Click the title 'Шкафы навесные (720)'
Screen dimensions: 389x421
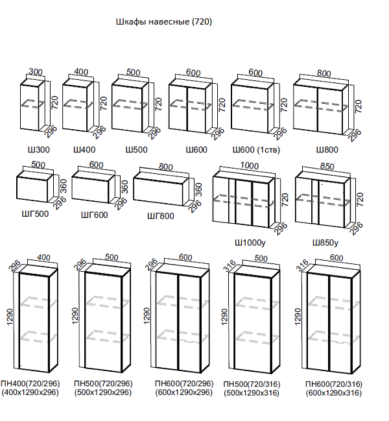(x=164, y=21)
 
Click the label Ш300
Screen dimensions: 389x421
(x=39, y=150)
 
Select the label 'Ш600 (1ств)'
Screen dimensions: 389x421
(x=256, y=150)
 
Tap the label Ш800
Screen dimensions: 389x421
(x=327, y=150)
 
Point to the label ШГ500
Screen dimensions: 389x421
(x=35, y=213)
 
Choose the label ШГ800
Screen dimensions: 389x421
(x=161, y=215)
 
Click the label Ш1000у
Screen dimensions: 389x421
(x=250, y=243)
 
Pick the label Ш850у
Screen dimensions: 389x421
(x=325, y=243)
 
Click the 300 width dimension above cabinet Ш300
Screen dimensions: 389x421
(x=36, y=72)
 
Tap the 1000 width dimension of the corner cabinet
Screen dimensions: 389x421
(x=249, y=165)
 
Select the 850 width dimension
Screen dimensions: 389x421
(x=327, y=167)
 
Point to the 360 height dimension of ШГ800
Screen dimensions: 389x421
(x=198, y=189)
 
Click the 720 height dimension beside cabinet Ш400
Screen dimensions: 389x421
(x=103, y=103)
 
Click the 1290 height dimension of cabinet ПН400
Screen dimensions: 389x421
(x=10, y=317)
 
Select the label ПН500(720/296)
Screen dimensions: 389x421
(x=103, y=383)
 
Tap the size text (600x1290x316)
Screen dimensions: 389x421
(x=334, y=393)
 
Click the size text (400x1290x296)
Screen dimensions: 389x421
(x=30, y=392)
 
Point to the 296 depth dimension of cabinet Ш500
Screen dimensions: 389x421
(x=154, y=133)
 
